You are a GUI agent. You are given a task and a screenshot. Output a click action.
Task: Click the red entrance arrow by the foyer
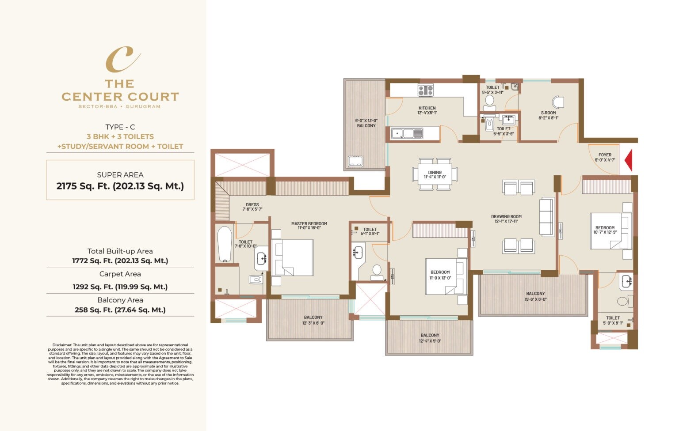click(628, 160)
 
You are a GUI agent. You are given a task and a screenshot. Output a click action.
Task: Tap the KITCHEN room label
click(427, 110)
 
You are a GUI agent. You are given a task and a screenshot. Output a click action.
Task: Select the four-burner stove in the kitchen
click(425, 91)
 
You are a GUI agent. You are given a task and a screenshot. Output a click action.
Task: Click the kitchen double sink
click(407, 133)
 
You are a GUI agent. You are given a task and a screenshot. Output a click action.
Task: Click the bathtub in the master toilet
click(225, 244)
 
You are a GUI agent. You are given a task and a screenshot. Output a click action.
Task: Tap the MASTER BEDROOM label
click(309, 226)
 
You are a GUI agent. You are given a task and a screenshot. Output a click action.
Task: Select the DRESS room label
click(252, 207)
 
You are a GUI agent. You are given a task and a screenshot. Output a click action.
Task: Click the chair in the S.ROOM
click(558, 102)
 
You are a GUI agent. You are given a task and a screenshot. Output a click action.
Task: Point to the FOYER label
click(605, 157)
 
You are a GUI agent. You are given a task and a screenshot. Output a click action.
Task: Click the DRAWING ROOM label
click(506, 219)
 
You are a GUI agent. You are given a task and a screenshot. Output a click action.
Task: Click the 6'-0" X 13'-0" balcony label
click(366, 123)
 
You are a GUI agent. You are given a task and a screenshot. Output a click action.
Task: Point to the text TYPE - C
click(120, 127)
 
